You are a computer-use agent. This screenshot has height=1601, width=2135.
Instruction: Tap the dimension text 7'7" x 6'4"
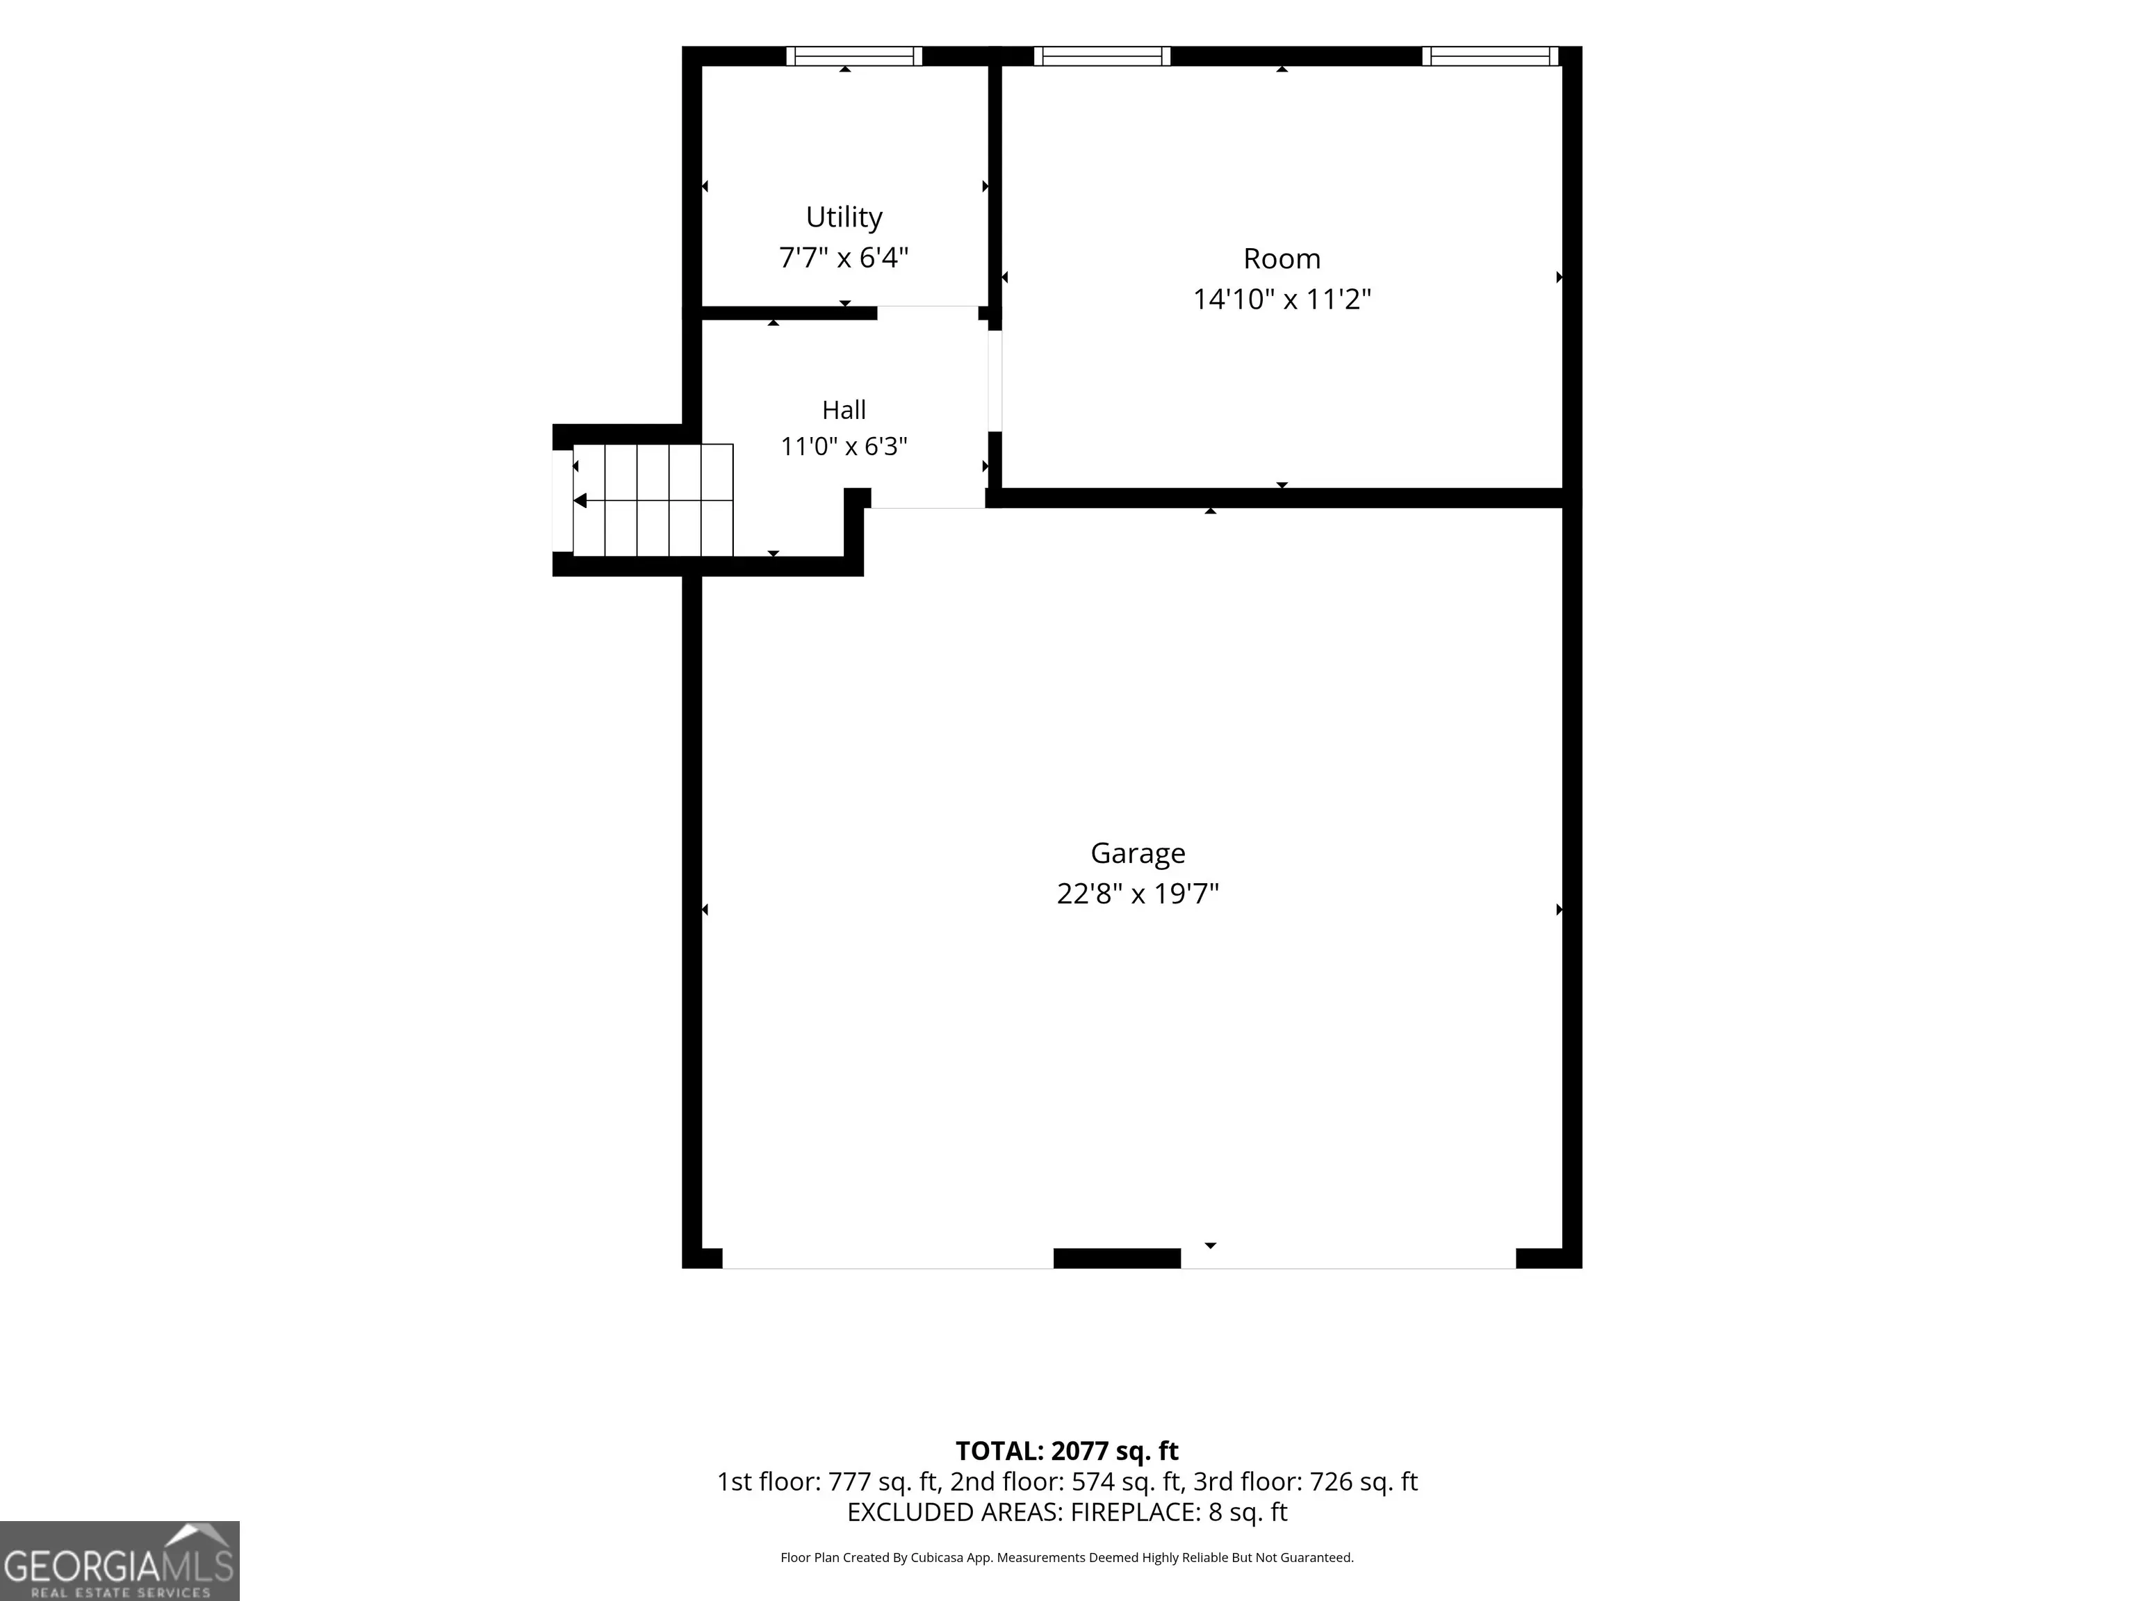point(844,258)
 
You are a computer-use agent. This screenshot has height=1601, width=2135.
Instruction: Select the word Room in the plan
point(1282,258)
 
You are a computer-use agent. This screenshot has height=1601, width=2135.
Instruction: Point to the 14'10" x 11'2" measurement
point(1282,299)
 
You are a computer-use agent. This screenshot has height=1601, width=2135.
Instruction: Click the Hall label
point(844,410)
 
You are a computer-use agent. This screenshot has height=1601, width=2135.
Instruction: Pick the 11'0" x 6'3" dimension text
point(844,447)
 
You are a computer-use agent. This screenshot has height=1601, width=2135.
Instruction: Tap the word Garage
point(1138,854)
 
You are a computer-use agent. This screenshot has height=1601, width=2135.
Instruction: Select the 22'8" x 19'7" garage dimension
point(1138,894)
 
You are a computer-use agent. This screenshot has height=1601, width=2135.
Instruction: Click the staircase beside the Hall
point(653,500)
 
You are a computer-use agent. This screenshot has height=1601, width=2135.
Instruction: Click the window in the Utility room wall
point(854,56)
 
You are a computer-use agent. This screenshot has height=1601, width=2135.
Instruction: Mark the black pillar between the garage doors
point(1117,1258)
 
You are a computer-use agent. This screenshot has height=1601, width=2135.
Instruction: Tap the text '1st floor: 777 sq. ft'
point(829,1481)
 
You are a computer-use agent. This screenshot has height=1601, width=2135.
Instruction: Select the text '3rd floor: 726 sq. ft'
point(1306,1481)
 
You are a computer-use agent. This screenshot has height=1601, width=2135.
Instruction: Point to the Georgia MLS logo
point(120,1561)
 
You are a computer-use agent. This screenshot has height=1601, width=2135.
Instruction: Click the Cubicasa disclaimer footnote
point(1067,1558)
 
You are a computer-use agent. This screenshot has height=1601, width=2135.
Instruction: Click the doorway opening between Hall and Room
point(995,381)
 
